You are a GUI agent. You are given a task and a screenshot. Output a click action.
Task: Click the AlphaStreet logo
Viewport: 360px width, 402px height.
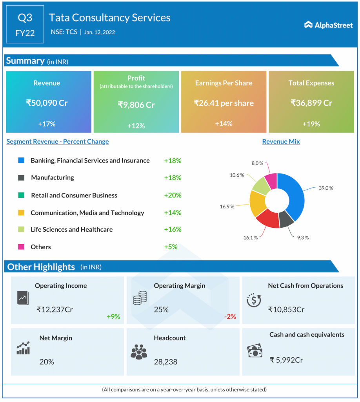[x=328, y=25]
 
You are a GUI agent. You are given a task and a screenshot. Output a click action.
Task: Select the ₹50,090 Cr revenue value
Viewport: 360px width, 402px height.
[x=47, y=103]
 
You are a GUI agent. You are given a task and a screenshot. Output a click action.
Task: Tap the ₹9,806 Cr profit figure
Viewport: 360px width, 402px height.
[x=136, y=105]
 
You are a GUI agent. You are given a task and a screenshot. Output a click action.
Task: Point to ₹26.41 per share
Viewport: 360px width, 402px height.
[x=224, y=103]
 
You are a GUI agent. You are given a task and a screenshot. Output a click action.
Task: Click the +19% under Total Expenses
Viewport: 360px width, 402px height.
[x=311, y=124]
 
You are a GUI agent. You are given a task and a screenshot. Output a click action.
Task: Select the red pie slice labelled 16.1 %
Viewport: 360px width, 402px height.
[x=267, y=219]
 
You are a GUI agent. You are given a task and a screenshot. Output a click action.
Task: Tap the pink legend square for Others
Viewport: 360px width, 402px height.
[x=21, y=247]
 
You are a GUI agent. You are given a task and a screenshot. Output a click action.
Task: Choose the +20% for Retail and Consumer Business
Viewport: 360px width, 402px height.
[x=173, y=195]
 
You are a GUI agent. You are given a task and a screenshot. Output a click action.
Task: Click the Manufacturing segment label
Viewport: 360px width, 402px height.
[x=53, y=177]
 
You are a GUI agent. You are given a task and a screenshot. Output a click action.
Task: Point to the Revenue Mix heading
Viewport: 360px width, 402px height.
[x=281, y=141]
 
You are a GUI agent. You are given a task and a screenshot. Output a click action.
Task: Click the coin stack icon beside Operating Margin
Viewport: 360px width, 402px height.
[x=140, y=298]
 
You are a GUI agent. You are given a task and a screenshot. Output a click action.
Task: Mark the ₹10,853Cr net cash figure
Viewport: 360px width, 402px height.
[x=286, y=309]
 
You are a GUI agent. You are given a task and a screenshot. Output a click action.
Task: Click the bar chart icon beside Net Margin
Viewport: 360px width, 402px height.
[x=23, y=348]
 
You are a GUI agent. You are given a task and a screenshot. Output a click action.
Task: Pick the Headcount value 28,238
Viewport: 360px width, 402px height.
[x=165, y=362]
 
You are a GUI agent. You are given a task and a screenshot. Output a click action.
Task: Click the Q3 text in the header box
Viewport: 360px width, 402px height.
[x=25, y=18]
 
